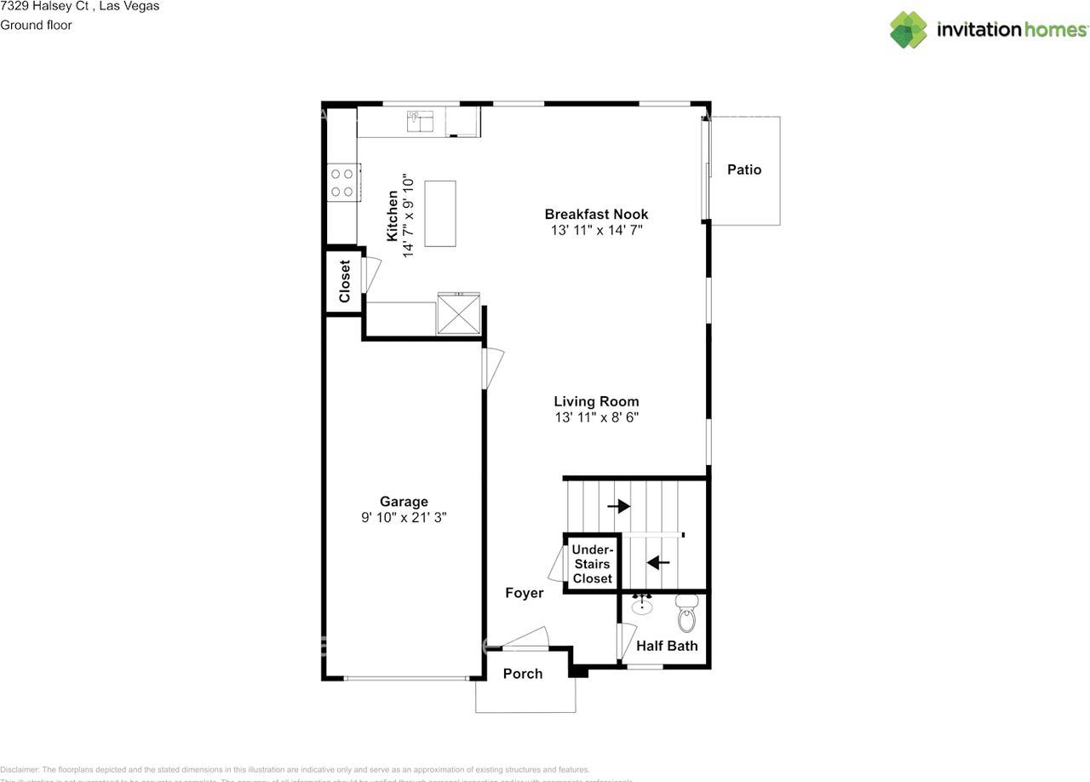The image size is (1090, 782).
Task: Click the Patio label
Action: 743,170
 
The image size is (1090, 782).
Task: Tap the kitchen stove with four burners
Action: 342,181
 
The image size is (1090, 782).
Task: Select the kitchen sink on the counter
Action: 421,122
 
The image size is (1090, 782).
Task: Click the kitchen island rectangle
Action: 440,213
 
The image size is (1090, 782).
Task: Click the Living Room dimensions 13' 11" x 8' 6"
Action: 596,417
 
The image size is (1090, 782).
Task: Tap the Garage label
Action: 404,502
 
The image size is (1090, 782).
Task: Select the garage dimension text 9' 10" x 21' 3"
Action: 404,516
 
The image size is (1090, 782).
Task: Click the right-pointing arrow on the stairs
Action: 618,506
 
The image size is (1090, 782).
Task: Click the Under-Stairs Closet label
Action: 592,564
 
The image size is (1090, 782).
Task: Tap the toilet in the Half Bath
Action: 686,612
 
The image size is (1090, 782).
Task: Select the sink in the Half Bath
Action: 642,607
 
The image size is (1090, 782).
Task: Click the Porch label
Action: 523,674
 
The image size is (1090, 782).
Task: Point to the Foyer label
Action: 524,593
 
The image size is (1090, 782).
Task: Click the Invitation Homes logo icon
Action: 909,30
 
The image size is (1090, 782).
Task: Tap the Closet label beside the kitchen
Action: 345,281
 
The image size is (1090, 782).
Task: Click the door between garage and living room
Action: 492,368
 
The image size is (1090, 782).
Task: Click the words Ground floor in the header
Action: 36,25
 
